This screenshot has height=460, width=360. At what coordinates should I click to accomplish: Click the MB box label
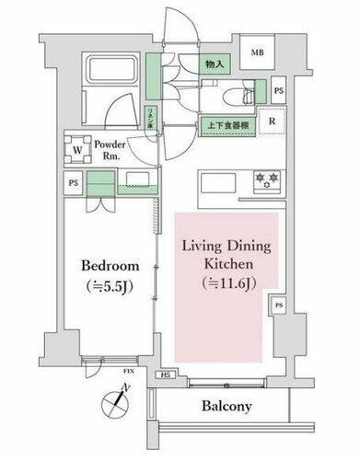(258, 53)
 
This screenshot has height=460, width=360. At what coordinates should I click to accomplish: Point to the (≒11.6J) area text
(223, 284)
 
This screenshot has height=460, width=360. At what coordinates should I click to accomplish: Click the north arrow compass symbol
(115, 400)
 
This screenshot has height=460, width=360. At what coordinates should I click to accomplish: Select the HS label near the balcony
(167, 376)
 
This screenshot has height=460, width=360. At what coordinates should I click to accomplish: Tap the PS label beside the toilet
(277, 91)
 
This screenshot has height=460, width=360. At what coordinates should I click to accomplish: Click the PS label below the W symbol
(72, 181)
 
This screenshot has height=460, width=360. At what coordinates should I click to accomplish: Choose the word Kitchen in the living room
(223, 264)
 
